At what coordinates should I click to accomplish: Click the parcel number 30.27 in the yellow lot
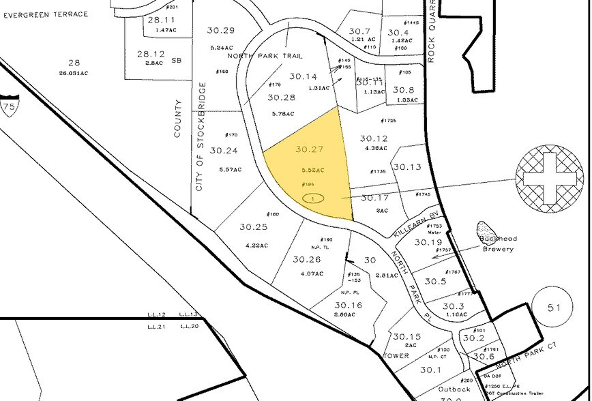click(308, 149)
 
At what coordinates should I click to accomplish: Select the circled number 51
click(553, 308)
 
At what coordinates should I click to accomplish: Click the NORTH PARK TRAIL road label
click(265, 56)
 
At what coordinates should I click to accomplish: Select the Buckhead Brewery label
click(498, 245)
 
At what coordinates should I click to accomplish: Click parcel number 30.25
click(253, 226)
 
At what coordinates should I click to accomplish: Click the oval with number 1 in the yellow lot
click(313, 198)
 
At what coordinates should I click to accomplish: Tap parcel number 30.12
click(373, 138)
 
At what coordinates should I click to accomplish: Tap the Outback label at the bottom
click(454, 389)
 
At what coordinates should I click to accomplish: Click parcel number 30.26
click(306, 259)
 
